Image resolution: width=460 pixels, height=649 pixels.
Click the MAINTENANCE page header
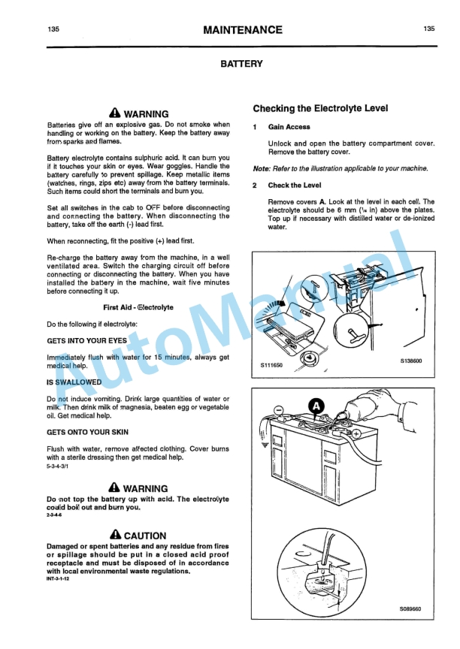click(242, 30)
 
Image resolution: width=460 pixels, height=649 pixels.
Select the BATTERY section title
click(241, 65)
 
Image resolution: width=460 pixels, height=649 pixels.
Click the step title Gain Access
click(289, 128)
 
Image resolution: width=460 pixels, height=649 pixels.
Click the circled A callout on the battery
click(316, 405)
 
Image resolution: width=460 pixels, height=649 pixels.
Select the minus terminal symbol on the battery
click(279, 409)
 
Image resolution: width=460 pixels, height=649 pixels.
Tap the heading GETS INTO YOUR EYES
click(88, 340)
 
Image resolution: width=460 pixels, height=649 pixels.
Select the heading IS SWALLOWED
click(74, 382)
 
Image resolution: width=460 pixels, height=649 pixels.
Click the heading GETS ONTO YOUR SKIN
click(87, 433)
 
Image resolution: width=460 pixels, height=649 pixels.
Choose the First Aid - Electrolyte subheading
click(138, 308)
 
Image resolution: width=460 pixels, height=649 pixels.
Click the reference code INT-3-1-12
click(62, 578)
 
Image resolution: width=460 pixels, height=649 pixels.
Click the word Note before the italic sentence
click(261, 169)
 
